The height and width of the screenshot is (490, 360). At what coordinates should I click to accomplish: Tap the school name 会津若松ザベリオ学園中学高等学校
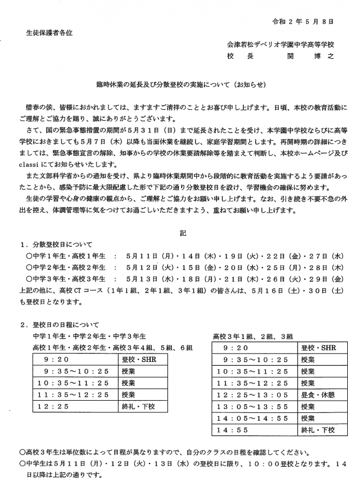point(281,44)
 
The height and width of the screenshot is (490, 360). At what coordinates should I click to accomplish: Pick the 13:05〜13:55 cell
point(252,406)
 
